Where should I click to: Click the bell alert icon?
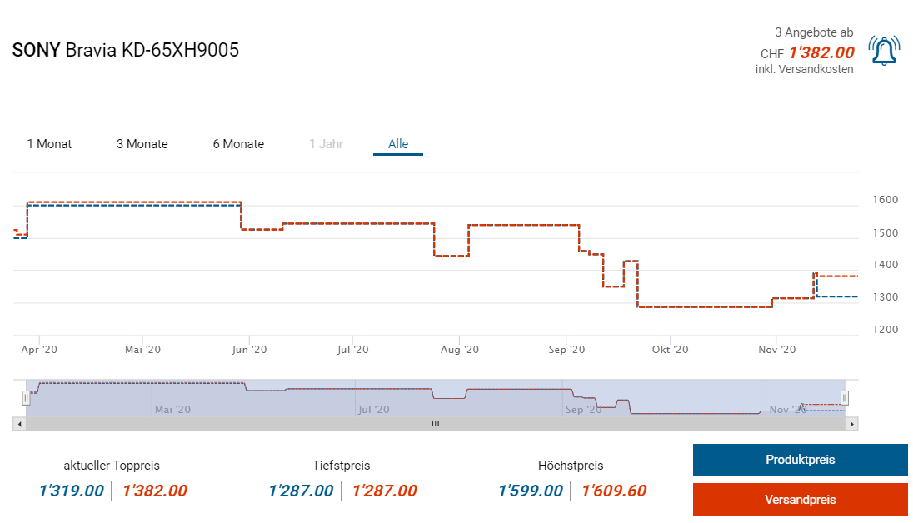(884, 51)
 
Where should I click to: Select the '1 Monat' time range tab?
(49, 144)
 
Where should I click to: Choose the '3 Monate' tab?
(142, 144)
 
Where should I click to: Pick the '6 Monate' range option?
(238, 144)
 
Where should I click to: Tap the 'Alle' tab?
(398, 144)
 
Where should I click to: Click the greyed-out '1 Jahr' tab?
(326, 144)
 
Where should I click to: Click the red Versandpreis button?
(800, 500)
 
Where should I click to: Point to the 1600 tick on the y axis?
(886, 200)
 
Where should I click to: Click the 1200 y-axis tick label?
(886, 330)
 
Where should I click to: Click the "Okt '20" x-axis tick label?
(671, 350)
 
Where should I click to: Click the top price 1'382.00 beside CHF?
(821, 53)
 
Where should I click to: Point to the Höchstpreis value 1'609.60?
(614, 491)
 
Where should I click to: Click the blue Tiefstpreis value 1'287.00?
(301, 491)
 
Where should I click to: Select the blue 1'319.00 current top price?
(72, 491)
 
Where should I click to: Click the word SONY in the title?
(36, 50)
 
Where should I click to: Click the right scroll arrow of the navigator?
(851, 424)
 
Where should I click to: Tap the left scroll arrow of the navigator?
(18, 424)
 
